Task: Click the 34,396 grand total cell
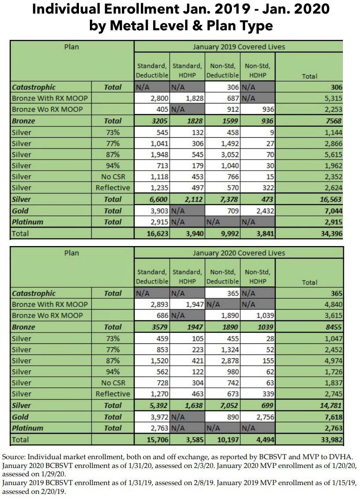330,233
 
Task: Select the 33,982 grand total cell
330,439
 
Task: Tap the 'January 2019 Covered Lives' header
239,46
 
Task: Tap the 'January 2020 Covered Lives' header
239,253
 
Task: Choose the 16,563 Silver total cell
330,200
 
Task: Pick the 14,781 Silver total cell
330,406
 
